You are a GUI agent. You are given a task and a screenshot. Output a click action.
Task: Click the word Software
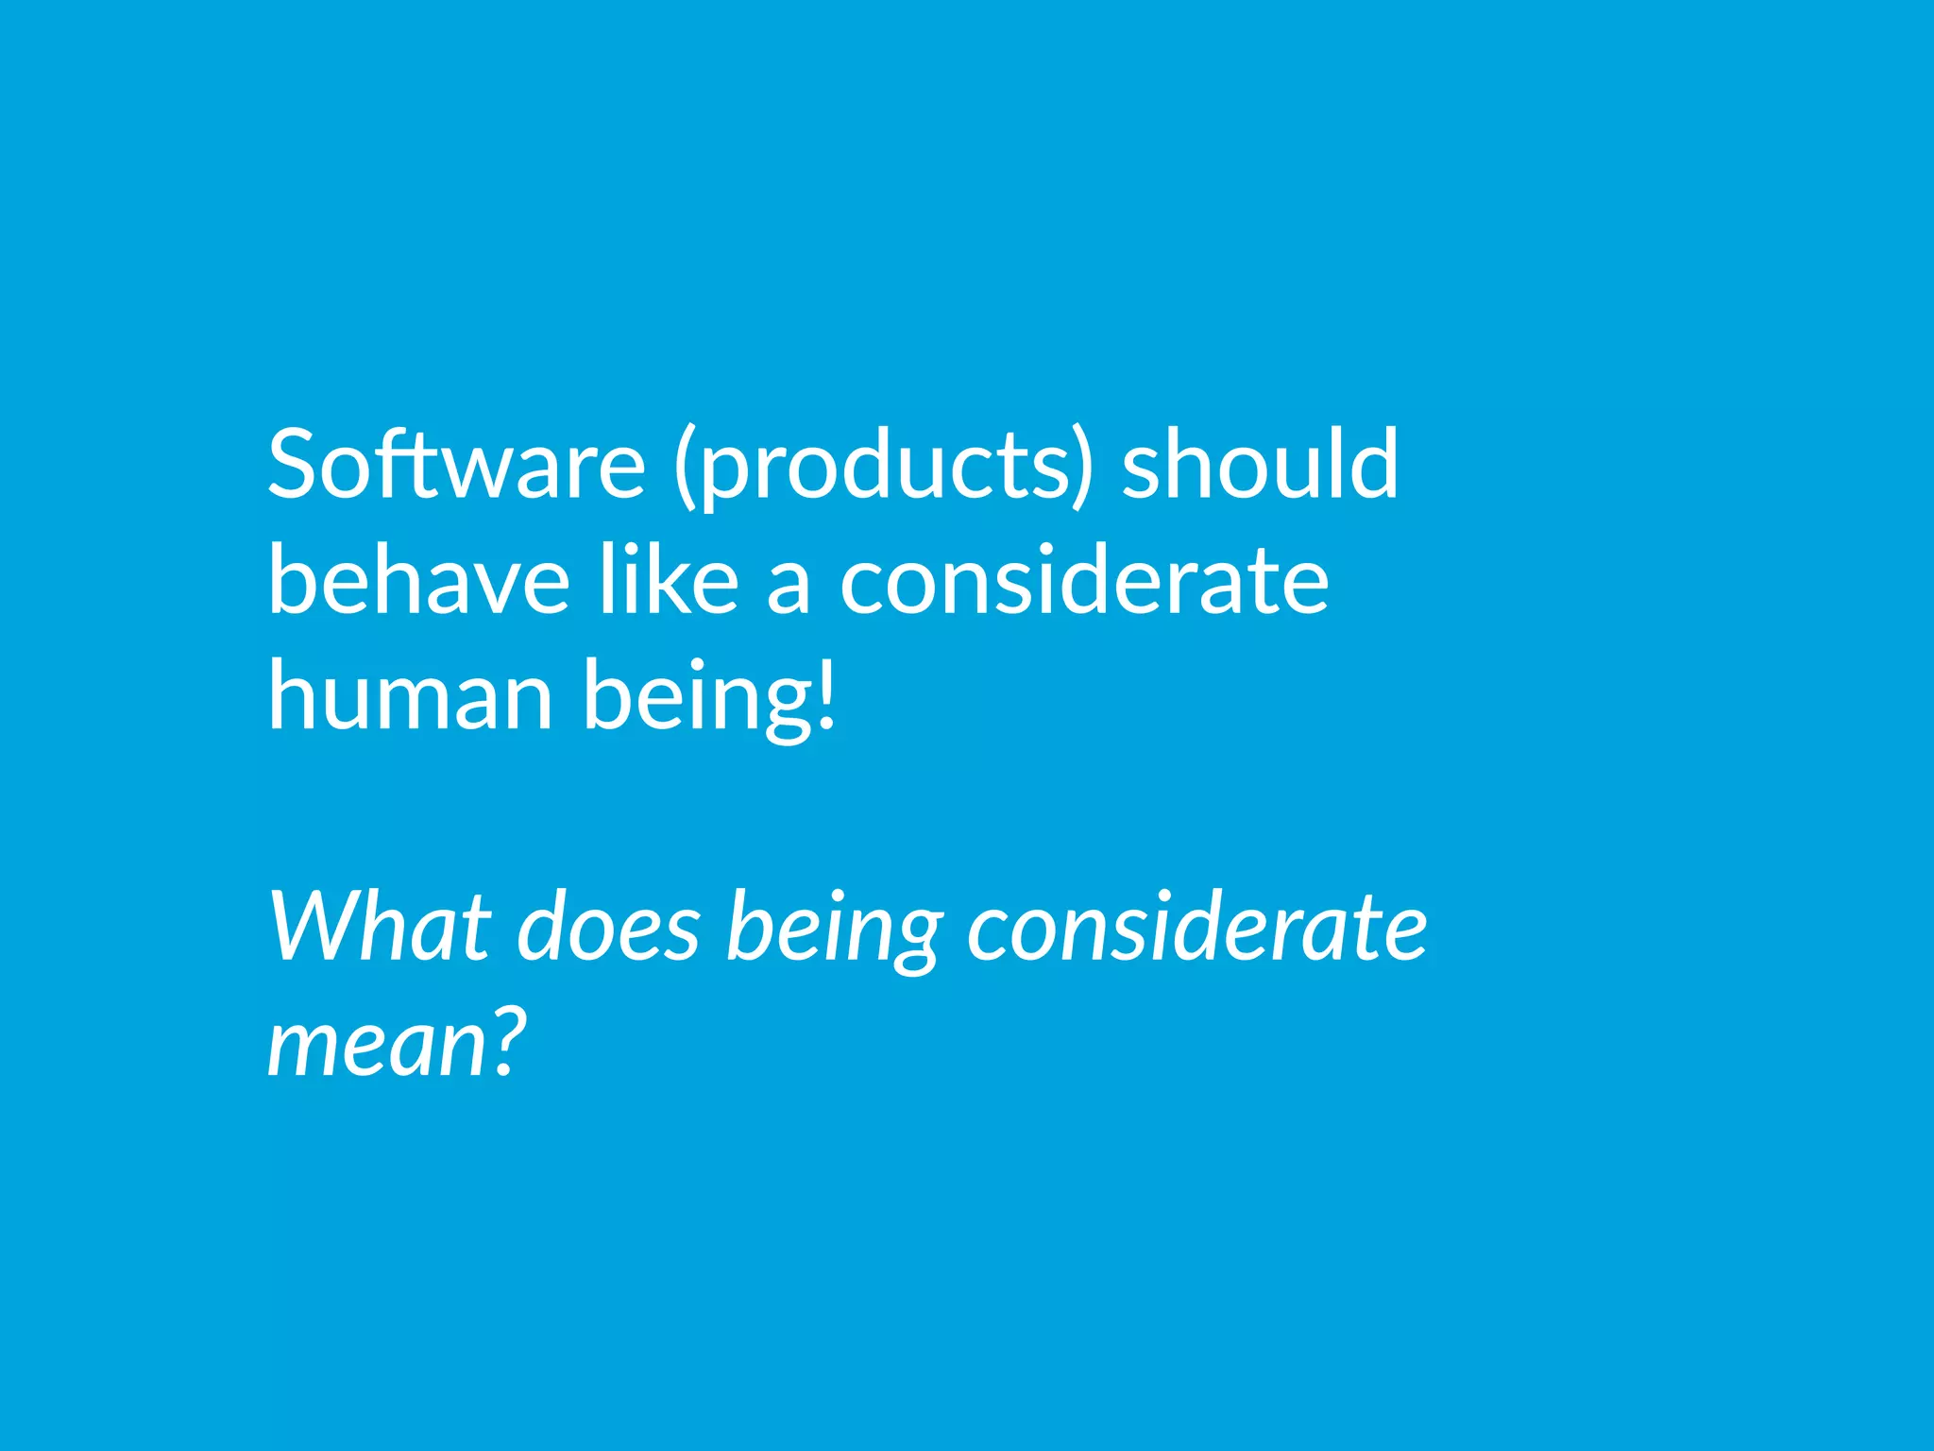click(456, 465)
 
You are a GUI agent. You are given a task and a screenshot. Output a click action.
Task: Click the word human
click(410, 695)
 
